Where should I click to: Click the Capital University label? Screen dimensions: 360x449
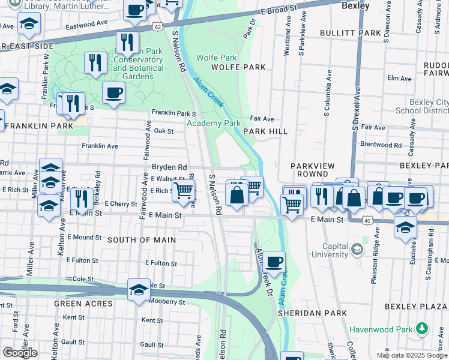[x=327, y=251]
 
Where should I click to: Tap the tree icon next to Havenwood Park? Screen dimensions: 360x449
[x=423, y=328]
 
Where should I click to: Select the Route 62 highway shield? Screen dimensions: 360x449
[x=157, y=27]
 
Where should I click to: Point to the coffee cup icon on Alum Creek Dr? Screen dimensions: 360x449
[x=274, y=262]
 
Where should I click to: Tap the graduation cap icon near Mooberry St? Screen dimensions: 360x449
[x=139, y=290]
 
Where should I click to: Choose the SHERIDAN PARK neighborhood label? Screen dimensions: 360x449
[x=312, y=313]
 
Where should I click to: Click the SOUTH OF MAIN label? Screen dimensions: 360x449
[x=142, y=240]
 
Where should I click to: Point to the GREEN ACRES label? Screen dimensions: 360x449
[x=83, y=304]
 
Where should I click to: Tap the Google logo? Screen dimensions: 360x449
[x=19, y=352]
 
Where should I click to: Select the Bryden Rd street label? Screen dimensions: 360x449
[x=169, y=167]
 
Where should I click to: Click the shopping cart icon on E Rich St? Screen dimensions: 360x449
[x=184, y=191]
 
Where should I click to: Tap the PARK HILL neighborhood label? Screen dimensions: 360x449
[x=265, y=131]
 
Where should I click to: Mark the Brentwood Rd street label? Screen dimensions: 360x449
[x=381, y=145]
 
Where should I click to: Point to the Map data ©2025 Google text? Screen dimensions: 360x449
[x=411, y=355]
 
